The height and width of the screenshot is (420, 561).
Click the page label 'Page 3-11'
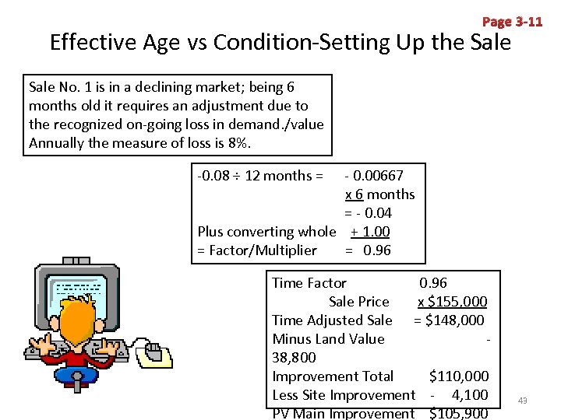tap(512, 22)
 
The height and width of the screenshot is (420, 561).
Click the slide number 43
tap(523, 401)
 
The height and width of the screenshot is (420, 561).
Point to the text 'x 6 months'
tap(379, 194)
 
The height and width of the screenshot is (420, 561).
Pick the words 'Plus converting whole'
tap(266, 231)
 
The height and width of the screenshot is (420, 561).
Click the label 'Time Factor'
tap(309, 282)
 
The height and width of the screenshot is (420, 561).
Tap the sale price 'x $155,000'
tap(452, 301)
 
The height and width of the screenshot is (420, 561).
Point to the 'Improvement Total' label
tap(333, 376)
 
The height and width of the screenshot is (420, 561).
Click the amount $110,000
tap(459, 376)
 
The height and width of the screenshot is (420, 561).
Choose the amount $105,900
tap(459, 412)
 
